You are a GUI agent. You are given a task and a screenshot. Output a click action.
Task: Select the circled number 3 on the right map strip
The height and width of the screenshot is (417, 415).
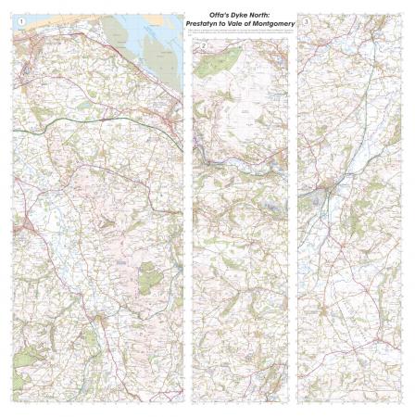(307, 19)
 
